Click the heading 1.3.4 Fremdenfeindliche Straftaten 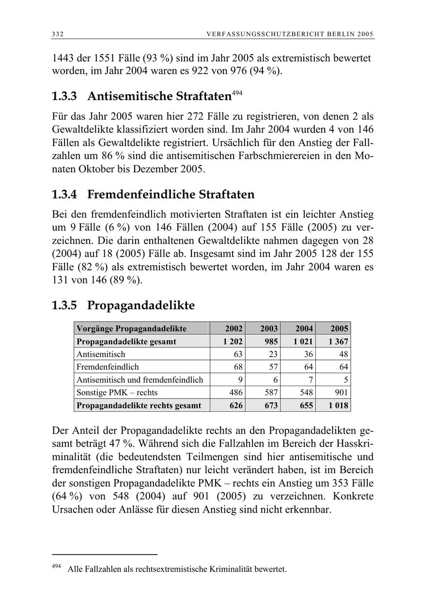(153, 195)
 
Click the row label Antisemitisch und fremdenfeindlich (140, 380)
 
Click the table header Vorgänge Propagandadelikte (131, 329)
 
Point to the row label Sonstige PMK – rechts (117, 392)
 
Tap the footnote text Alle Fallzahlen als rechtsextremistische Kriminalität (177, 569)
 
